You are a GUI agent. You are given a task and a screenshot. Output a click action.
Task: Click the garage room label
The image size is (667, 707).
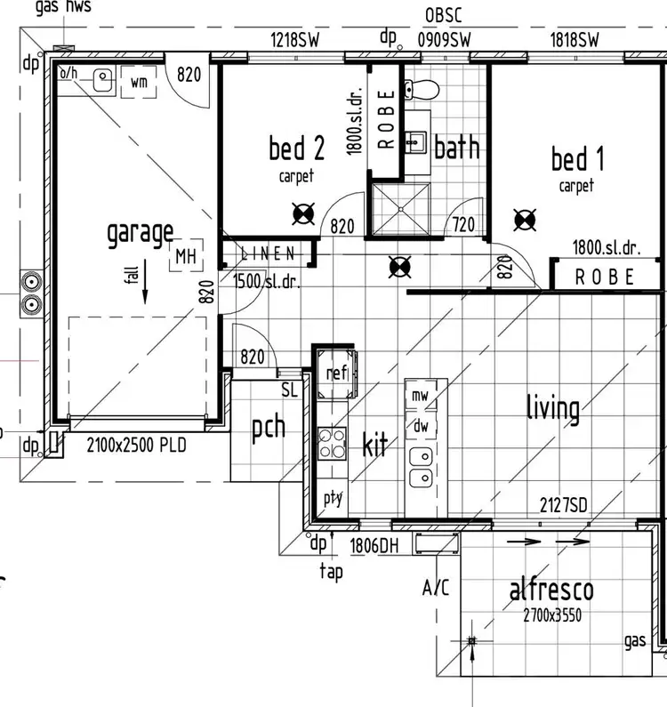140,233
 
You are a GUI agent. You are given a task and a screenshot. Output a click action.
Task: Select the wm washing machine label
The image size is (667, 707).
139,83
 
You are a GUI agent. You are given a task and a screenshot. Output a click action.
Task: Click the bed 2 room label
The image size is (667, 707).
296,149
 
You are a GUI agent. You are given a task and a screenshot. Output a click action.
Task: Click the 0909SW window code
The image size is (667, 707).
444,39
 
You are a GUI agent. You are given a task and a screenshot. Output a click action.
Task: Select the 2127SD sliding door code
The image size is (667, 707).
564,506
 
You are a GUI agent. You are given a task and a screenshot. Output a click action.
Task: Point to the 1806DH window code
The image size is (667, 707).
374,546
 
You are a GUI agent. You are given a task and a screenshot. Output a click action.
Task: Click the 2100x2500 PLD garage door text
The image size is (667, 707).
136,446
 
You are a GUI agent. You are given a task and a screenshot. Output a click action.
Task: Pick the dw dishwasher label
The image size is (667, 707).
420,426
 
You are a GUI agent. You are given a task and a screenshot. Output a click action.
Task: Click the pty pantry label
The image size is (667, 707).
333,498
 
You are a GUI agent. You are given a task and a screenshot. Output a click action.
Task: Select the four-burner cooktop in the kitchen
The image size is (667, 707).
333,441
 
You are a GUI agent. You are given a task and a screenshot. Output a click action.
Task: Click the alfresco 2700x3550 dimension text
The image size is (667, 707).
551,615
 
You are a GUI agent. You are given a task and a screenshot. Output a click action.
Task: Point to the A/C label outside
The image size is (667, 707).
437,588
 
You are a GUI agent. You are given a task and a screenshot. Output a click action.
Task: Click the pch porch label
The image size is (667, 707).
268,428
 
